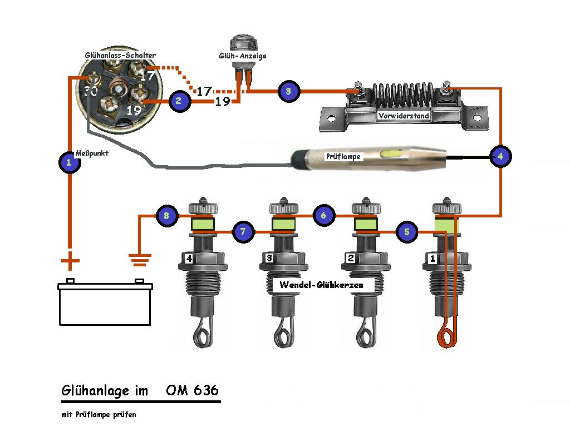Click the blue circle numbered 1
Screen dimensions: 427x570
click(x=69, y=162)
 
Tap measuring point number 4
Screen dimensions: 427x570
click(x=500, y=157)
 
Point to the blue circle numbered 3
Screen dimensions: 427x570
click(x=288, y=91)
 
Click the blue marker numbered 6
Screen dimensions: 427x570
click(x=324, y=215)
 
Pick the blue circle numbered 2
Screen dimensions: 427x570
click(x=179, y=101)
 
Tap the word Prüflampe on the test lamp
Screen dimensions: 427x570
click(x=344, y=157)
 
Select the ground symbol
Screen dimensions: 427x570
click(x=139, y=257)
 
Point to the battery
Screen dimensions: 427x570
click(x=105, y=303)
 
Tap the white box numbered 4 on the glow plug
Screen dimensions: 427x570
click(x=189, y=259)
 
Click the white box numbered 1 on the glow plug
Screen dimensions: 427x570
click(x=433, y=259)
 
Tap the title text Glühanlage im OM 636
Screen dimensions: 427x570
click(x=140, y=390)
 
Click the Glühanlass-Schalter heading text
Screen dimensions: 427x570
click(x=120, y=56)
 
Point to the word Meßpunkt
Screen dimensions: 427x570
click(x=91, y=153)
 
